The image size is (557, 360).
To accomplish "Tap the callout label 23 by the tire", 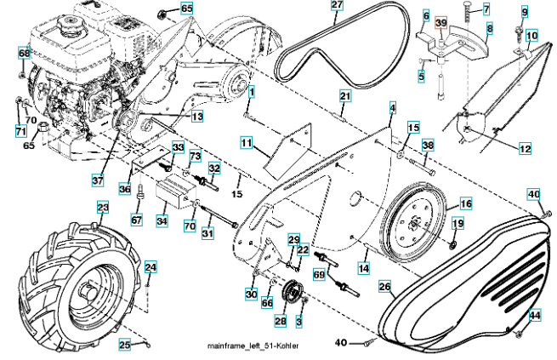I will [x=102, y=209].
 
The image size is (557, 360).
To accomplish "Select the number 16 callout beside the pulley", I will [x=465, y=204].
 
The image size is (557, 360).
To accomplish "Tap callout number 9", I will [x=524, y=12].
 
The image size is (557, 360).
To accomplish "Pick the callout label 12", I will [x=524, y=149].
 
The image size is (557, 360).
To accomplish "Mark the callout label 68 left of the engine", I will [x=23, y=54].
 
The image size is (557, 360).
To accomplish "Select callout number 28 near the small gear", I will [x=280, y=321].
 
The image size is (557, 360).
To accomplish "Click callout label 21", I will [x=344, y=97].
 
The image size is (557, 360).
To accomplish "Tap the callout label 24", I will [x=150, y=268].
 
